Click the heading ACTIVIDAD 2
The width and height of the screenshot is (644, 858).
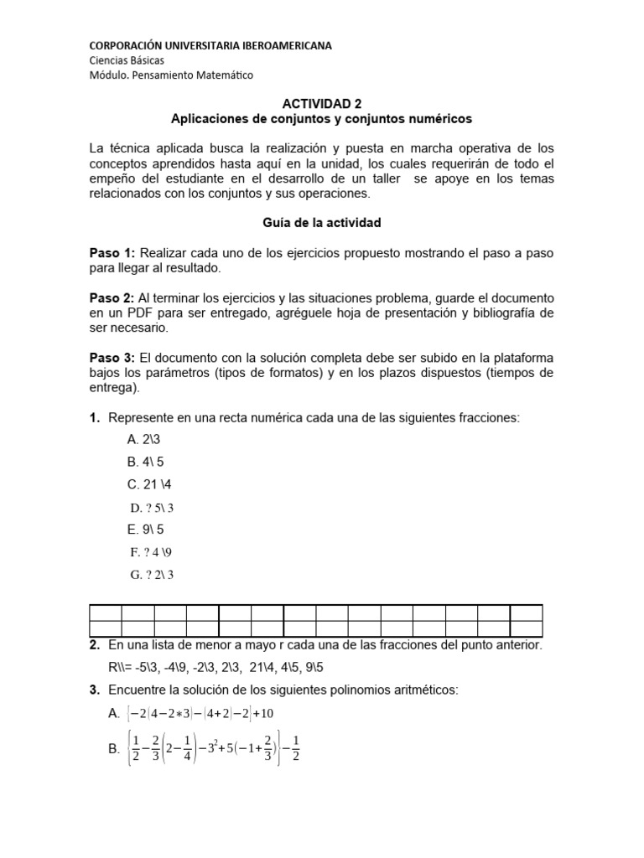click(321, 104)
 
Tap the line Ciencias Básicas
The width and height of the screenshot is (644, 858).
click(127, 60)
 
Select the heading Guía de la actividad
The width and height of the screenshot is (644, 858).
click(321, 223)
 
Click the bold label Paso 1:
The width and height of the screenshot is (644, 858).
click(112, 252)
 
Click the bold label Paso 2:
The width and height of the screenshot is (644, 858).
click(112, 297)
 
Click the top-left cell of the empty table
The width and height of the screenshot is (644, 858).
click(105, 612)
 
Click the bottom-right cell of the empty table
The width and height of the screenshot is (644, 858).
click(526, 628)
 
